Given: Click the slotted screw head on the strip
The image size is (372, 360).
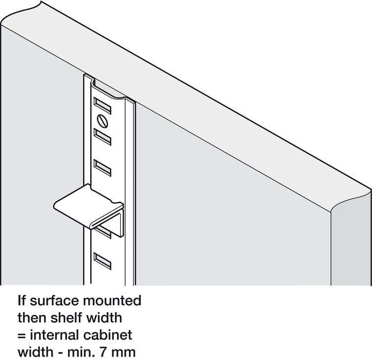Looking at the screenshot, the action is [x=102, y=121].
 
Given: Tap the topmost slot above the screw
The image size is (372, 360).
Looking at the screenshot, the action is [x=102, y=106].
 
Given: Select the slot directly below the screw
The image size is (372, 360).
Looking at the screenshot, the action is [x=102, y=137].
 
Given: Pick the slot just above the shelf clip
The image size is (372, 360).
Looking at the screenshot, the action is [x=102, y=168].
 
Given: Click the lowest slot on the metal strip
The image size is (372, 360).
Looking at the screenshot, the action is [x=102, y=261].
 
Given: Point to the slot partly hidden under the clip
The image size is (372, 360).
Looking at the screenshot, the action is [x=103, y=232].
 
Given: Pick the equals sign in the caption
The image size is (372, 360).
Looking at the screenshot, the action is [x=22, y=335].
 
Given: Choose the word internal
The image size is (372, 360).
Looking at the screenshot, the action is [x=55, y=335].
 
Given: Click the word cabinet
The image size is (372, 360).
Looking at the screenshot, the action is [x=108, y=335].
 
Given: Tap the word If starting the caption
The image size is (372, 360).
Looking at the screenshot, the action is [x=22, y=300].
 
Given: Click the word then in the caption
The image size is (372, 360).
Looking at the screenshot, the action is [x=32, y=318].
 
